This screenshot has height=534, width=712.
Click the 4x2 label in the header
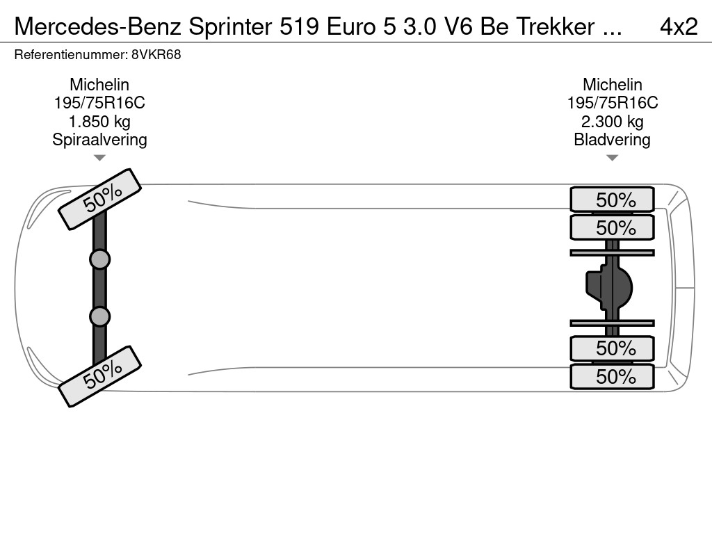coord(678,26)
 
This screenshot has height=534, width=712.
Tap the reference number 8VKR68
coord(156,55)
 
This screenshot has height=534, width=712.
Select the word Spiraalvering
coord(99,140)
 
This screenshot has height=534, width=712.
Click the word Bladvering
coord(612,140)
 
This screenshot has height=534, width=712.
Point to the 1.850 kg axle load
coord(99,122)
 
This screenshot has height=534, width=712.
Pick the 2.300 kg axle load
coord(612,122)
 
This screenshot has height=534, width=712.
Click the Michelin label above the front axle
coord(99,85)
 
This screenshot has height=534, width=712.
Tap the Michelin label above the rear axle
coord(612,85)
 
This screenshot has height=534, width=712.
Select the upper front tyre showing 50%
coord(100,199)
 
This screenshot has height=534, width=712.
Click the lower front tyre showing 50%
coord(100,376)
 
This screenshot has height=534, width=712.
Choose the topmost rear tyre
coord(612,200)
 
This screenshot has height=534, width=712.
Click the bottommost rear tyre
coord(612,377)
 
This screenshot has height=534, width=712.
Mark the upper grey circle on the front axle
coord(99,259)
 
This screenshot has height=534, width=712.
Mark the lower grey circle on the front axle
coord(99,316)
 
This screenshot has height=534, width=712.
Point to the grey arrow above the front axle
coord(99,158)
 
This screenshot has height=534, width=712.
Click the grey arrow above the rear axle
coord(612,158)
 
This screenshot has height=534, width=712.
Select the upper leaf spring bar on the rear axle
coord(612,252)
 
